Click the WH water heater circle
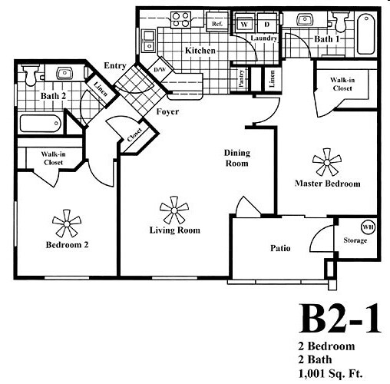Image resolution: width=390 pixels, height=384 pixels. [x=368, y=227]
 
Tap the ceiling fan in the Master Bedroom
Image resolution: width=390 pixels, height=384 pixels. [x=327, y=162]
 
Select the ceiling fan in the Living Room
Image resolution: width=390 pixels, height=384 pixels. [x=174, y=210]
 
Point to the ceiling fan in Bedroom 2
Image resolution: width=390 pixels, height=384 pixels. [x=67, y=223]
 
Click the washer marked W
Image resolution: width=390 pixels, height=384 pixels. [x=244, y=25]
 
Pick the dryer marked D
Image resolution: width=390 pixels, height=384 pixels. [x=267, y=24]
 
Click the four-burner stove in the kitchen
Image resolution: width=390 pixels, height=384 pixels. [x=181, y=20]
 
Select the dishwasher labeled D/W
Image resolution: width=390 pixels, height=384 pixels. [x=160, y=69]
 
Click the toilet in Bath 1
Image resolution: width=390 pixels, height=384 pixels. [x=341, y=21]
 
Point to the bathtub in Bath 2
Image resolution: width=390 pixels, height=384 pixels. [x=41, y=124]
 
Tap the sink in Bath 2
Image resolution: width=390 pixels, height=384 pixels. [x=64, y=73]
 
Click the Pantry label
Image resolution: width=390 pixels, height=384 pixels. [x=241, y=79]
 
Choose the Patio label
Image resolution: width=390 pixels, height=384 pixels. [x=280, y=248]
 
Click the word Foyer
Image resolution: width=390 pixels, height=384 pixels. [x=167, y=112]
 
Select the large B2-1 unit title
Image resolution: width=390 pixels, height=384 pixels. [x=339, y=319]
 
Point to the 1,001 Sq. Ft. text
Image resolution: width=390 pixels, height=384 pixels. [x=330, y=373]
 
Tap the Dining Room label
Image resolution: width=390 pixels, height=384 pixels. [x=237, y=158]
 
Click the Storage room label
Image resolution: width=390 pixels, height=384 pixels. [x=355, y=240]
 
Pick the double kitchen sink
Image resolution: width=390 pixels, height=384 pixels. [x=148, y=41]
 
